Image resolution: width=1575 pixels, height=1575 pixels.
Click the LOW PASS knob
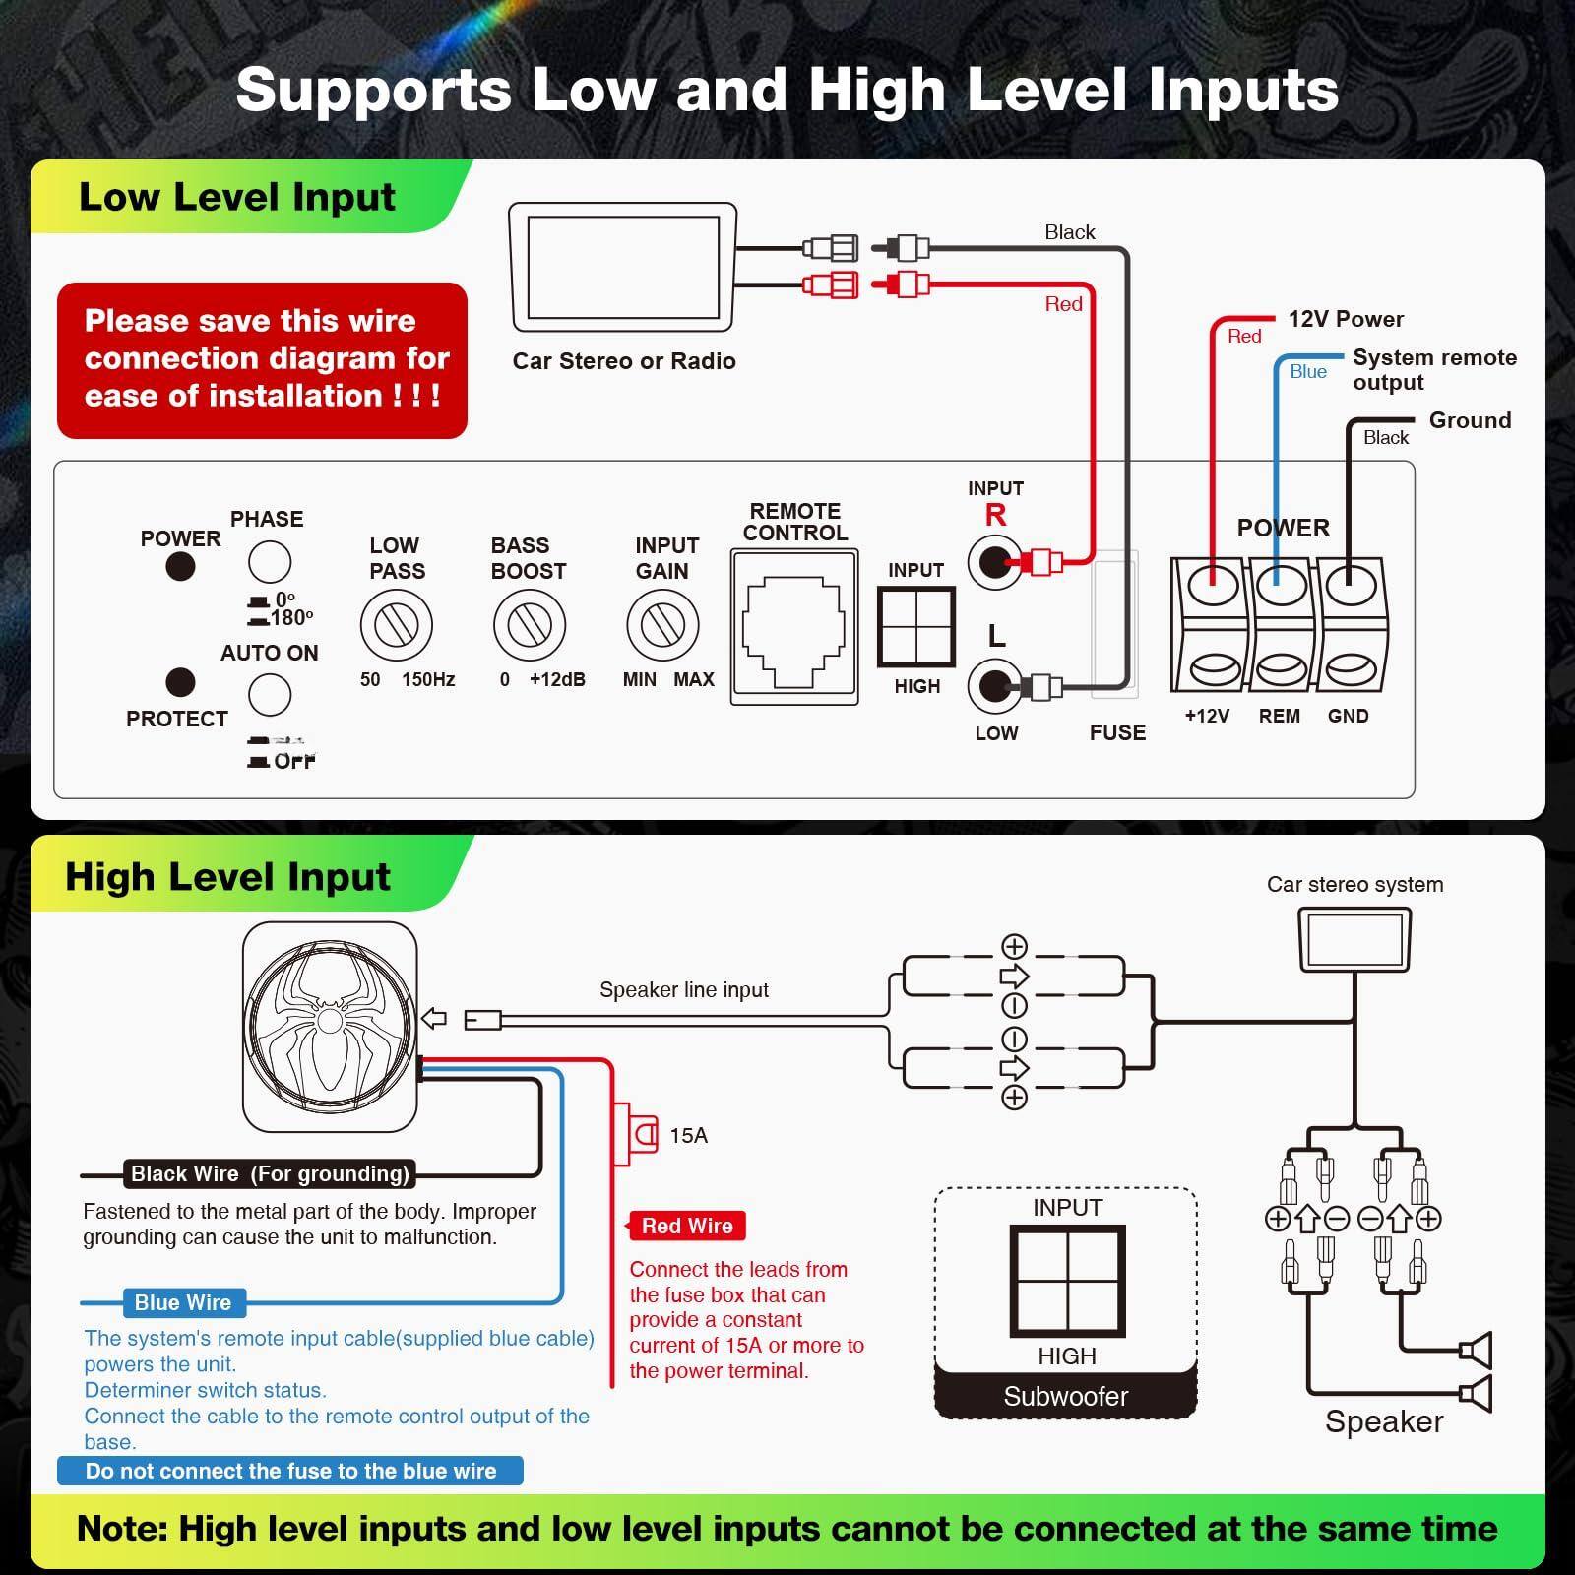coord(397,625)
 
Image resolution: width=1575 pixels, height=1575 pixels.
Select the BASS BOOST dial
coord(530,625)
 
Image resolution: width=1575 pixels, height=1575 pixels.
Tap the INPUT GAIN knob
coord(662,625)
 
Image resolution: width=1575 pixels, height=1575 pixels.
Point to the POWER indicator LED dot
coord(180,567)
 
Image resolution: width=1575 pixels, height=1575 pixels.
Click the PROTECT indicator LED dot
coord(180,682)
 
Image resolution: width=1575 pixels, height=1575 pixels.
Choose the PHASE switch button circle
coord(270,563)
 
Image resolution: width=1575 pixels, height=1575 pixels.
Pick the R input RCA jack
coord(994,563)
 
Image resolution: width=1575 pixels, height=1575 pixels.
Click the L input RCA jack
coord(994,686)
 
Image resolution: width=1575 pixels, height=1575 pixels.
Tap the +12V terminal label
coord(1207,716)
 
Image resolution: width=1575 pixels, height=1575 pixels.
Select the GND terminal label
coord(1348,716)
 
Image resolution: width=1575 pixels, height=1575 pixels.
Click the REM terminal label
coord(1279,716)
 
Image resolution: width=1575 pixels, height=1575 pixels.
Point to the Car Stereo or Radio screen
coord(622,266)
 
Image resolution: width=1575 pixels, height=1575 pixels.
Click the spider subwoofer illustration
coord(330,1026)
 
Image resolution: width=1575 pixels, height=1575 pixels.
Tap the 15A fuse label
coord(688,1136)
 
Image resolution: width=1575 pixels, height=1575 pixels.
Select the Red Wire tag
coord(687,1226)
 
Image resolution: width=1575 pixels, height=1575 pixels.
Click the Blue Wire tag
coord(183,1302)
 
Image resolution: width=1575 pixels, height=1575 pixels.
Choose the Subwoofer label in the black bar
coord(1065,1396)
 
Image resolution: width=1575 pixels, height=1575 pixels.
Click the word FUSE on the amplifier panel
coord(1117,732)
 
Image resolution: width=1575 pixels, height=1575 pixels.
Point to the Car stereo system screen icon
coord(1354,939)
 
